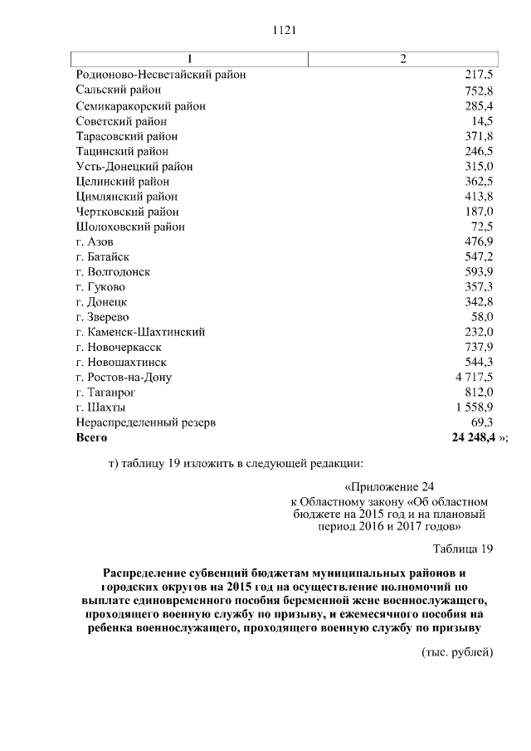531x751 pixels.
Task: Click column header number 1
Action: point(190,60)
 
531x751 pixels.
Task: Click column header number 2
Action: point(402,60)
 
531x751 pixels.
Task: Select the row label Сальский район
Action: point(118,90)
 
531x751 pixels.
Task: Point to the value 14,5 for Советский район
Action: point(483,120)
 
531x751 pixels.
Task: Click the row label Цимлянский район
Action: point(126,197)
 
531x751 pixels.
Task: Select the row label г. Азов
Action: point(95,241)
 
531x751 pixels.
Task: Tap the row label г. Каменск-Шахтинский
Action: point(140,332)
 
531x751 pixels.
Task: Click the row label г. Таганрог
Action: point(105,393)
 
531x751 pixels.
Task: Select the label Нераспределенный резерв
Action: point(145,422)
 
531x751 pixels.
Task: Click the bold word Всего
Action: point(91,437)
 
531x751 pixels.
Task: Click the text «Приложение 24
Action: point(388,487)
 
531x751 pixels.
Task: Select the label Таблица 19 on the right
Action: point(463,549)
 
